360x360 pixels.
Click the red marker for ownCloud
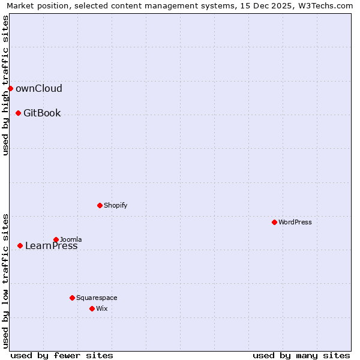click(10, 89)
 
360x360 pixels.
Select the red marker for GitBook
click(18, 113)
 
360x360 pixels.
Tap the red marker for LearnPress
click(20, 245)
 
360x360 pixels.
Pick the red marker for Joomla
click(56, 239)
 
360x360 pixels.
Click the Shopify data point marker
click(100, 205)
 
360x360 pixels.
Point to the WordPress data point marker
click(274, 222)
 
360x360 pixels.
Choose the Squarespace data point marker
click(72, 298)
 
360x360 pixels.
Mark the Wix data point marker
click(92, 308)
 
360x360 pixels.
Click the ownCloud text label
click(38, 89)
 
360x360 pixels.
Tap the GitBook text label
click(42, 113)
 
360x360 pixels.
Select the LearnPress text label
click(51, 245)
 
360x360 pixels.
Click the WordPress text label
click(295, 222)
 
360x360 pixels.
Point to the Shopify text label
click(115, 205)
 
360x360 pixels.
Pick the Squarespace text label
click(97, 298)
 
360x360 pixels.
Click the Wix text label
click(101, 308)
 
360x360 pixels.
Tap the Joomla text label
click(71, 239)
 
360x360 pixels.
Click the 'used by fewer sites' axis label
click(62, 355)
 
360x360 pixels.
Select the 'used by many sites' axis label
click(301, 355)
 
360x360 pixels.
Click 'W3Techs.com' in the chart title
click(325, 6)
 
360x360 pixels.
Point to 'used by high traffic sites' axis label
click(5, 85)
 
